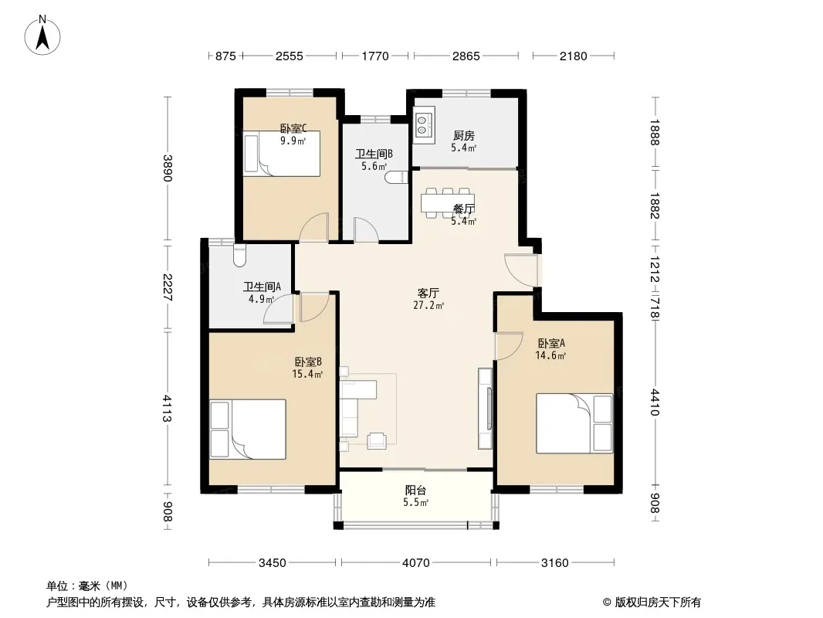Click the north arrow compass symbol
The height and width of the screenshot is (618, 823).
pos(42,36)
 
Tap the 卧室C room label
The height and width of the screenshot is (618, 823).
pos(293,128)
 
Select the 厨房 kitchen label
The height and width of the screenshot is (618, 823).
pos(464,136)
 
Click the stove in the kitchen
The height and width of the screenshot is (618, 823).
pos(424,125)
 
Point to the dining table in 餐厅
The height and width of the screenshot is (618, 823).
pos(447,202)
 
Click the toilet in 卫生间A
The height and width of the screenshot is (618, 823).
pos(239,255)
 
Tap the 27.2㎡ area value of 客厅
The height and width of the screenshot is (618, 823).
pos(428,306)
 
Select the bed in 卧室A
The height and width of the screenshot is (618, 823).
pos(574,423)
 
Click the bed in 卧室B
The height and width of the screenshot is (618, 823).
pos(248,430)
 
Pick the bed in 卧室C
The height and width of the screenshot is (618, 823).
pos(282,153)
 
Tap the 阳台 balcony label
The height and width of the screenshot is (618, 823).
pos(415,491)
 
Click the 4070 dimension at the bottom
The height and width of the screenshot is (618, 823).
pos(415,563)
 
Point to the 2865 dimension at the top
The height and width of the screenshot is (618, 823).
pos(466,56)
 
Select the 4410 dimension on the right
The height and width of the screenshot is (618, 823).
pos(654,402)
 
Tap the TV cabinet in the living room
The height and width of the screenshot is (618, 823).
pos(485,409)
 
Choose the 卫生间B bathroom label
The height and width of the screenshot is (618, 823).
pos(374,154)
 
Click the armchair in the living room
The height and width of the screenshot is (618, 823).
pos(377,440)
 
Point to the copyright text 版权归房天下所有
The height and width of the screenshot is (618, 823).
pos(658,603)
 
